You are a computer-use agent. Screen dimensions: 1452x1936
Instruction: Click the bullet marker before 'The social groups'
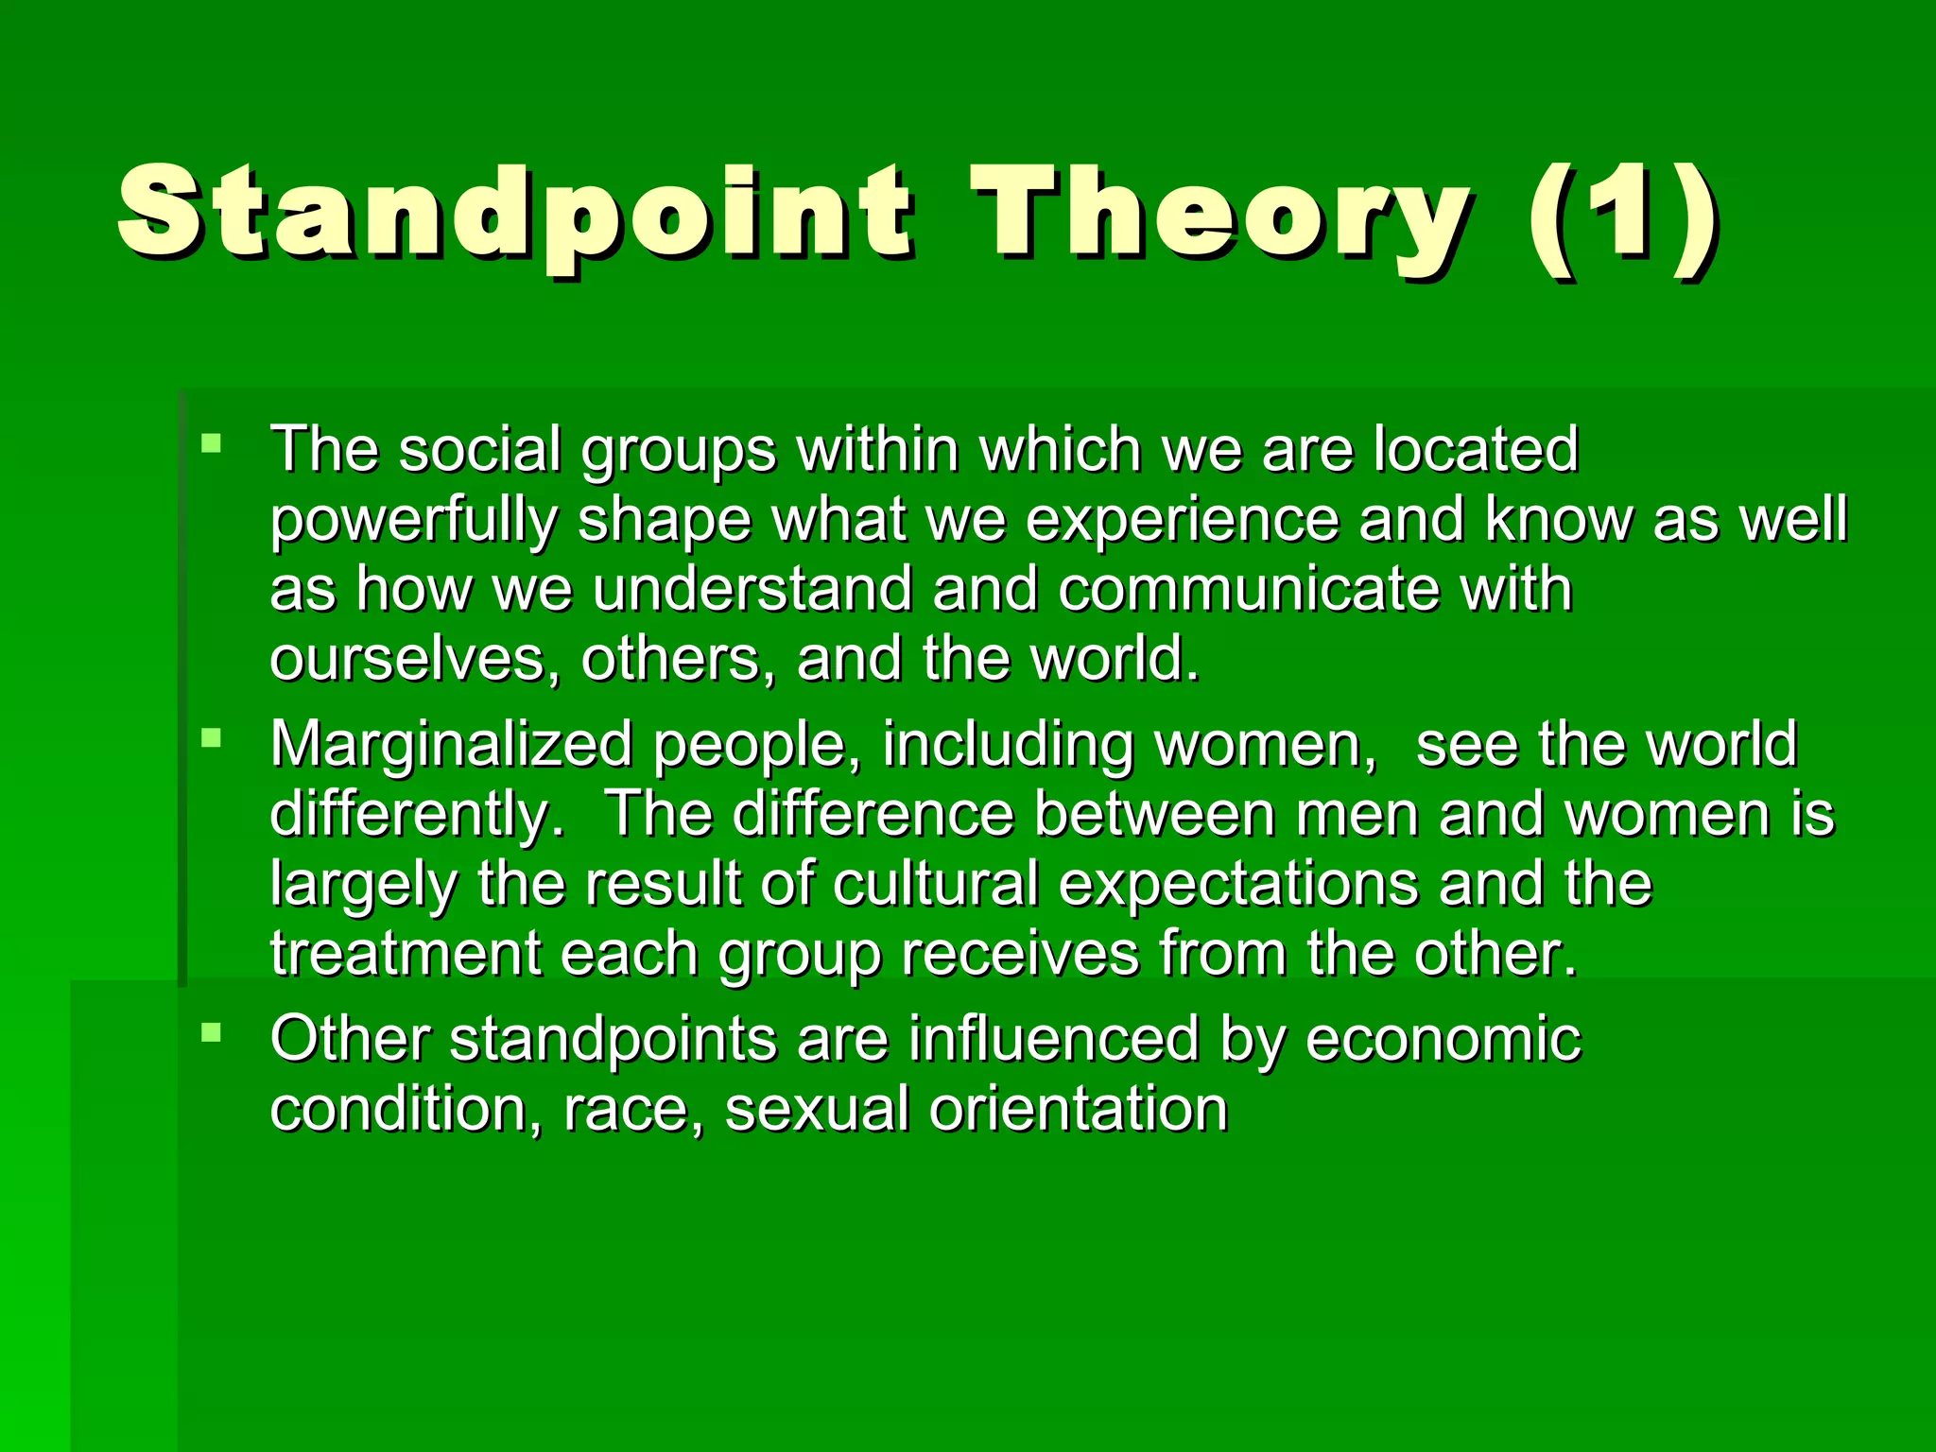211,442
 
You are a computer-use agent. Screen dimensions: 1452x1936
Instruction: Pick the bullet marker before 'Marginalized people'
211,737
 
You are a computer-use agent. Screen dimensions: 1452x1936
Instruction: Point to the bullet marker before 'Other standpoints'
211,1031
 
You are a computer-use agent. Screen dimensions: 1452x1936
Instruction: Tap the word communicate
1248,590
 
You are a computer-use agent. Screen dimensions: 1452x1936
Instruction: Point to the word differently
416,815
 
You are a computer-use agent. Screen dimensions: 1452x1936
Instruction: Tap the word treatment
405,954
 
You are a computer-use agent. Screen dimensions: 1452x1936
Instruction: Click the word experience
1182,522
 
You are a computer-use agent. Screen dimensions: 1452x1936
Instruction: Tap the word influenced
1054,1039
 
